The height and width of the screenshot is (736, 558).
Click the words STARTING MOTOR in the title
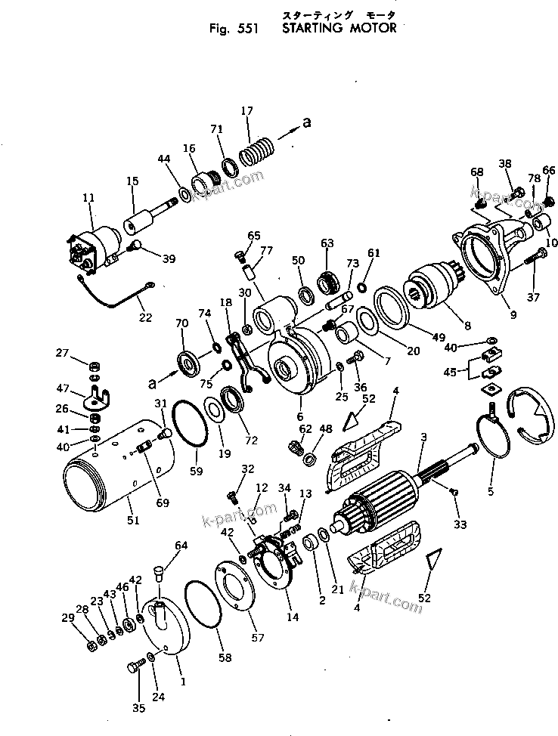[x=338, y=29]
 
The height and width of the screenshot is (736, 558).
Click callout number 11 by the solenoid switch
[x=88, y=198]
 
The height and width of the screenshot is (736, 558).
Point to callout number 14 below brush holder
[x=292, y=617]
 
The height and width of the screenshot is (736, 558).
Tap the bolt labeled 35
[x=136, y=666]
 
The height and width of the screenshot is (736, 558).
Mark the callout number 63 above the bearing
[x=327, y=243]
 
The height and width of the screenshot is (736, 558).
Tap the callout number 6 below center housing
[x=299, y=416]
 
